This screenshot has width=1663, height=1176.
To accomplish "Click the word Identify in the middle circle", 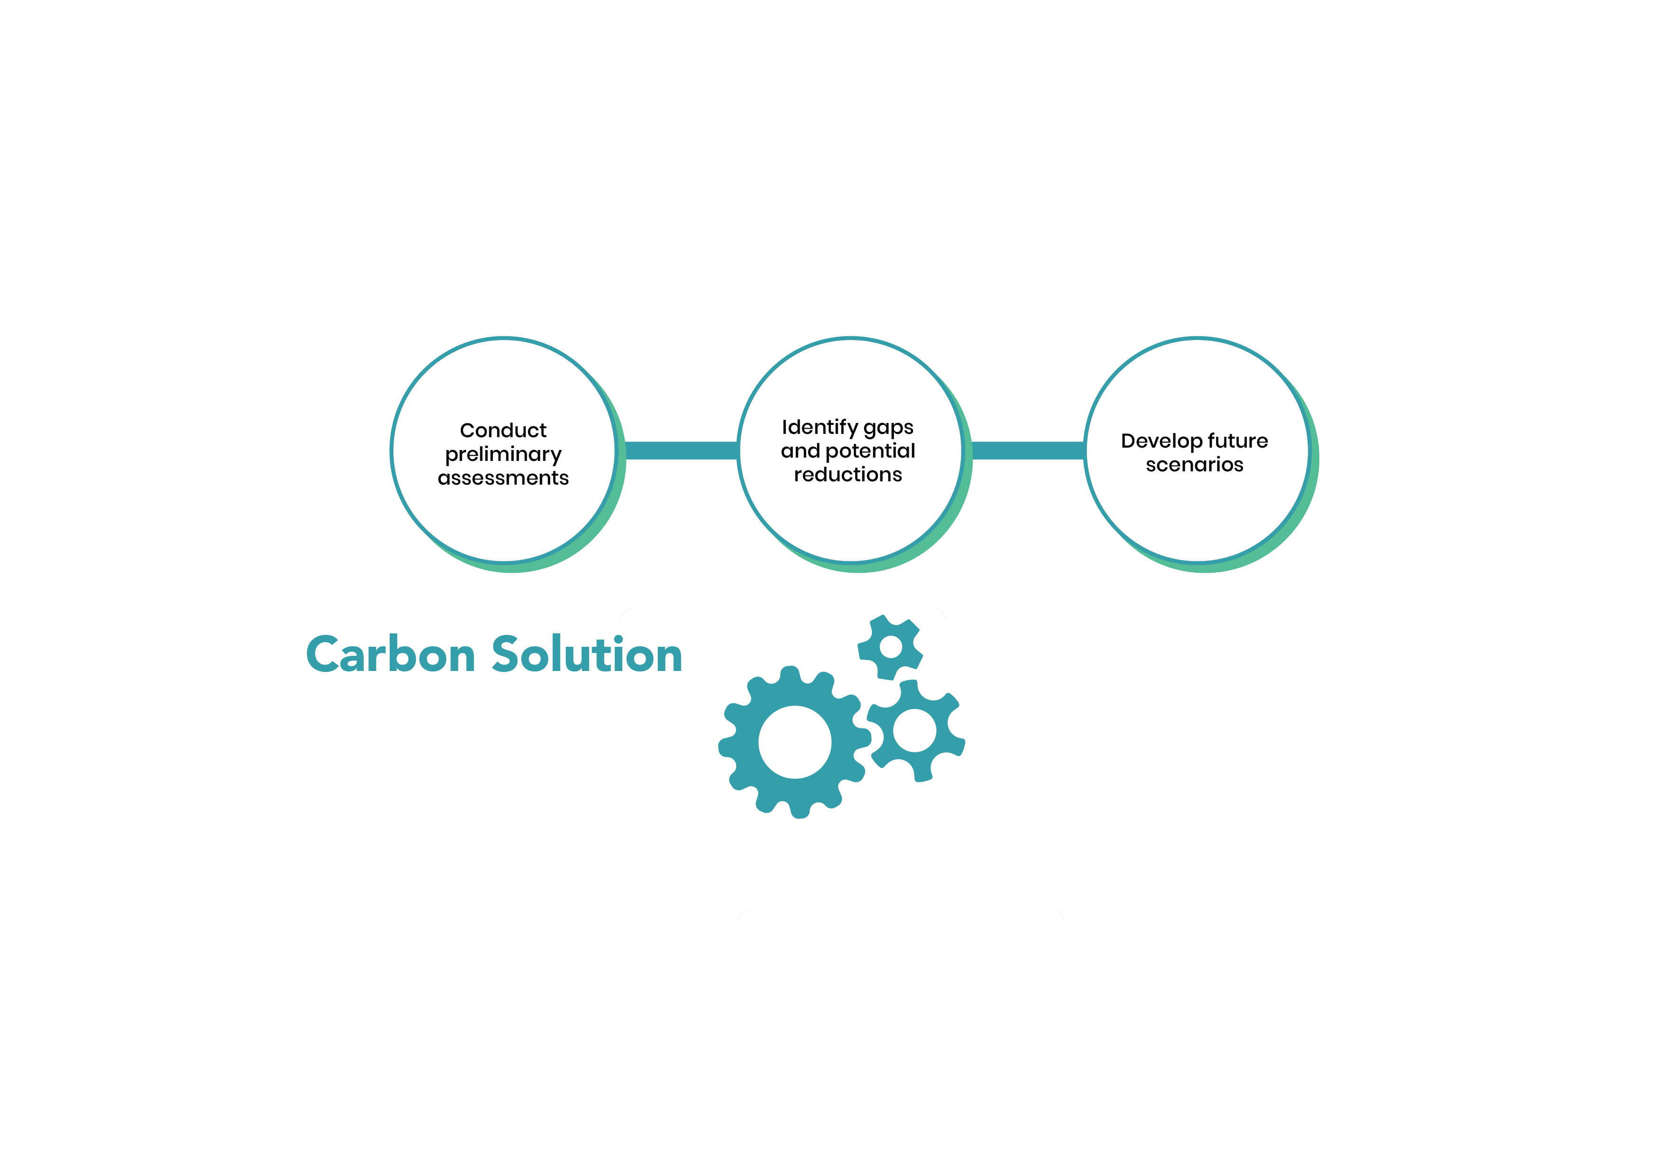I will (819, 428).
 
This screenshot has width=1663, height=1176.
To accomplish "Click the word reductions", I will (848, 475).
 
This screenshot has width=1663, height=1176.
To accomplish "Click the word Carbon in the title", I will (391, 654).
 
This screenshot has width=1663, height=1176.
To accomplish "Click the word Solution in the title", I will (587, 654).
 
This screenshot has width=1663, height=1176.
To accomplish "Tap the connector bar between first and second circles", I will (681, 450).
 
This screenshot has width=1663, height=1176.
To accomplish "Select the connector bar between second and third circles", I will (1028, 450).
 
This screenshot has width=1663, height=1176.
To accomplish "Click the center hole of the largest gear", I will (795, 742).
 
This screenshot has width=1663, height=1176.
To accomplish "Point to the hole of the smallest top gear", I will (890, 646).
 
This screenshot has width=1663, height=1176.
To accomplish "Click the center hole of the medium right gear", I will (915, 730).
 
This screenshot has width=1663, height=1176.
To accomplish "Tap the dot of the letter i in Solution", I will (618, 639).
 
